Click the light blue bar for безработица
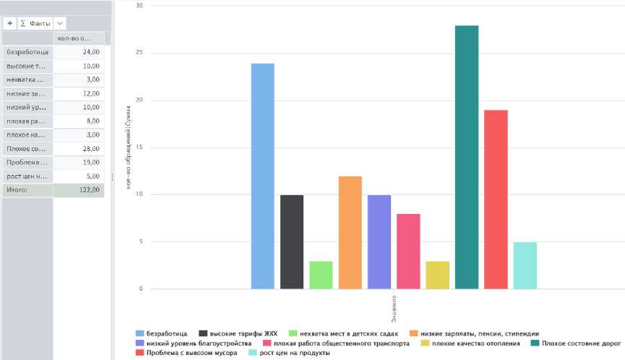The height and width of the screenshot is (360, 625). [x=262, y=176]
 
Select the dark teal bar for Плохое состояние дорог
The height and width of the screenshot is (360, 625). [x=467, y=158]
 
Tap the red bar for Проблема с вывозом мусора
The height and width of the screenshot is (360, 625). [x=496, y=200]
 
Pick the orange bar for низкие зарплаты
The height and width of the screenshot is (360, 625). [x=350, y=233]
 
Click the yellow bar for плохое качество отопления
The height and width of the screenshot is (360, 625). [x=437, y=275]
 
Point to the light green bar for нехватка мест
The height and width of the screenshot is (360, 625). [x=321, y=275]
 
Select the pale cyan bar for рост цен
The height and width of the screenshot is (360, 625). [x=525, y=265]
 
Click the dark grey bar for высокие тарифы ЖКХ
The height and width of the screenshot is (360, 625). [x=292, y=242]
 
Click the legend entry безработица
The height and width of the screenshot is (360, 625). [x=166, y=333]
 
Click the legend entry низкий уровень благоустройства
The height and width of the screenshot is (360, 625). [x=199, y=343]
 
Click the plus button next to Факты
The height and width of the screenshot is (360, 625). [x=10, y=23]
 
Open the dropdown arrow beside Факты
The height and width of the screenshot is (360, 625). [x=59, y=23]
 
